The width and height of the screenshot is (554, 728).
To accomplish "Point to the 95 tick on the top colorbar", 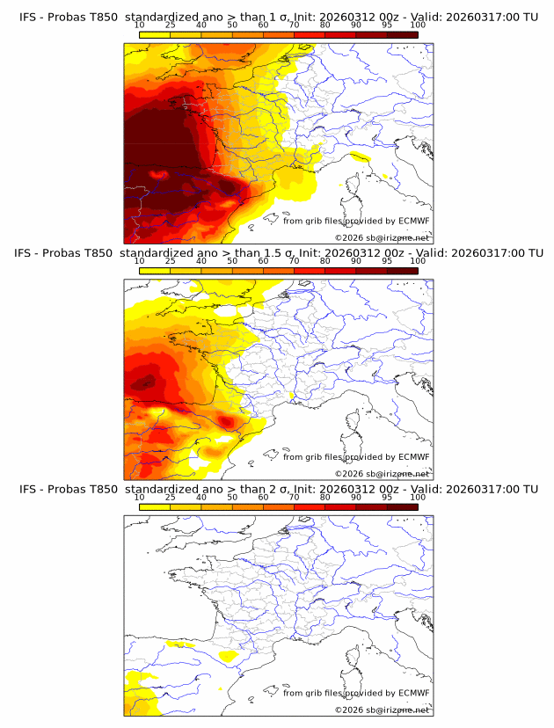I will pos(387,25).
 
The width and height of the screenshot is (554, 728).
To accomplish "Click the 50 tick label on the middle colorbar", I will pos(232,261).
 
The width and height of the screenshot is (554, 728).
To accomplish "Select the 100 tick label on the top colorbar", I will pos(418,25).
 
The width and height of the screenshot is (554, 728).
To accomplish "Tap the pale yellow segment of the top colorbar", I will pos(154,34).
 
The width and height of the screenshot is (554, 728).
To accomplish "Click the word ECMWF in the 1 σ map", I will pos(413,221).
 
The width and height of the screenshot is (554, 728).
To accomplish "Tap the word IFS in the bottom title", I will pos(29,489).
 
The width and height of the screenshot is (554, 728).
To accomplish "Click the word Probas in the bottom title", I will pos(66,489).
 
